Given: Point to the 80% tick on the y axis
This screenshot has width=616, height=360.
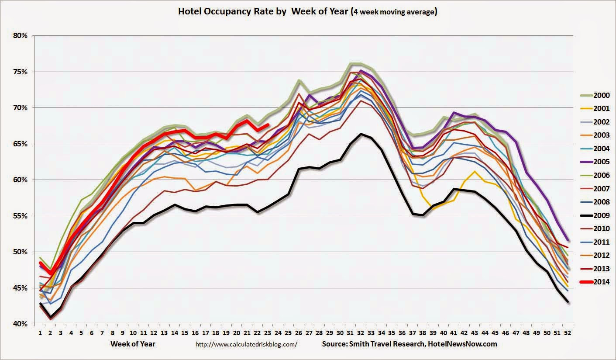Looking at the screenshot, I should click(x=20, y=35).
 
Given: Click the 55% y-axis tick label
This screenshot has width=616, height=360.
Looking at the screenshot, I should click(x=20, y=216).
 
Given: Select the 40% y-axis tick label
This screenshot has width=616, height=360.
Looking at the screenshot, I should click(x=20, y=324).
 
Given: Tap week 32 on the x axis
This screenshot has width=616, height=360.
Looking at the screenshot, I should click(x=361, y=333).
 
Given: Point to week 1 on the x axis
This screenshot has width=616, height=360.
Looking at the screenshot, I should click(x=40, y=333).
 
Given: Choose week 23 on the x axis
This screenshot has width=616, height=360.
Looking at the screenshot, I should click(x=268, y=333).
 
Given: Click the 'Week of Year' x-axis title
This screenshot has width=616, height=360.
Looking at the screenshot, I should click(x=133, y=344).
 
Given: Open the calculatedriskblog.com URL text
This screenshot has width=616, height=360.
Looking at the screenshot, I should click(x=247, y=344).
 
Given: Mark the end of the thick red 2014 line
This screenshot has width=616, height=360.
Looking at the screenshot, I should click(x=268, y=125).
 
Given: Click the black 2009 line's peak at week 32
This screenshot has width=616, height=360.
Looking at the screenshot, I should click(x=361, y=134).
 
